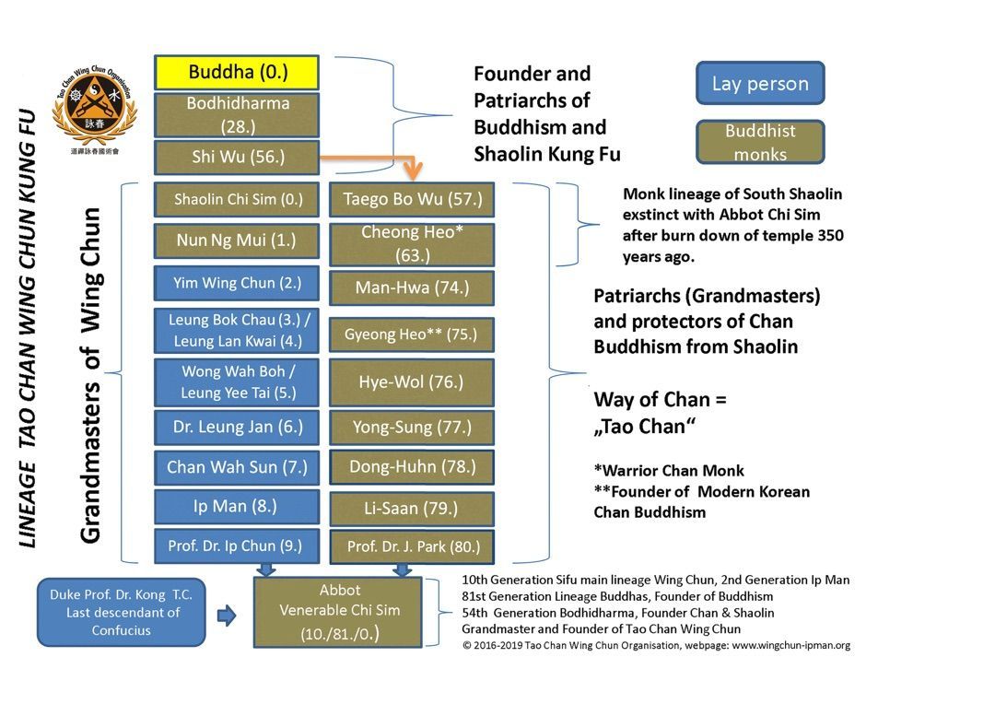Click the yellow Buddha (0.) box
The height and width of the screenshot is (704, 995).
(236, 72)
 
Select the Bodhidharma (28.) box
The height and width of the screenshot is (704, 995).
(236, 114)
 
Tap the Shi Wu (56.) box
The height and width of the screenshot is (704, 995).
(236, 157)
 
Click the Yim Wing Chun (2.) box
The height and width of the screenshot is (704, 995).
(237, 283)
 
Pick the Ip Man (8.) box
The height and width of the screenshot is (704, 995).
(237, 506)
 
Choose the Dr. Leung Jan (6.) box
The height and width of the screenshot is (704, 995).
(237, 427)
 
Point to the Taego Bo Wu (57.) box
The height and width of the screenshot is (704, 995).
(412, 199)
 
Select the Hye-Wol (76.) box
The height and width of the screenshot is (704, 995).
(412, 381)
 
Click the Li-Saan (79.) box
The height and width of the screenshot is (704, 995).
(412, 508)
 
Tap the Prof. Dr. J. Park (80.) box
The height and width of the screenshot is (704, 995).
(412, 546)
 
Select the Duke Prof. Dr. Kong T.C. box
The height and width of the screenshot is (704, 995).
(121, 612)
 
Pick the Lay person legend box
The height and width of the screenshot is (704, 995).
(759, 84)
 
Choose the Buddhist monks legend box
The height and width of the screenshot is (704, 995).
(759, 142)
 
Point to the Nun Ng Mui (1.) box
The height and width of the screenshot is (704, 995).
(237, 241)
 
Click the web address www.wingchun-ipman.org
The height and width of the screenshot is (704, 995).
(790, 645)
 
